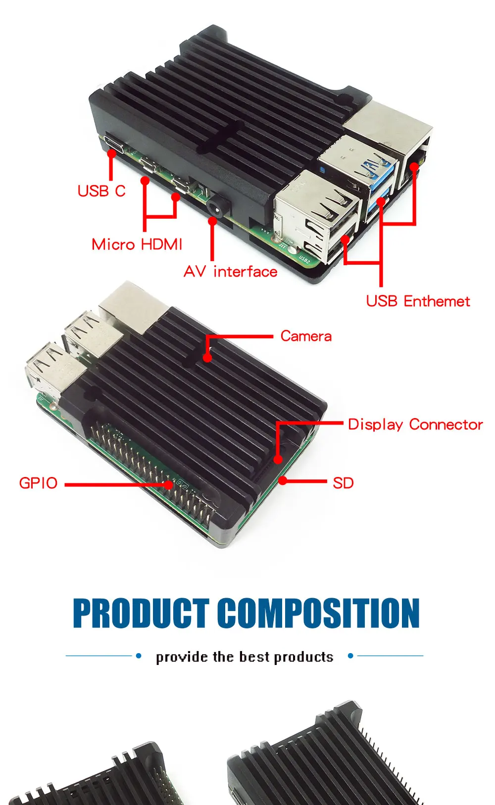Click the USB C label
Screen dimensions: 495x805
pos(101,191)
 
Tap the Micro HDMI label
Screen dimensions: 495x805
pos(137,244)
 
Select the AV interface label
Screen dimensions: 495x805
pos(230,272)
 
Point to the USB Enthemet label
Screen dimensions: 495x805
pos(418,301)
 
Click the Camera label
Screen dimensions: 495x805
pos(306,336)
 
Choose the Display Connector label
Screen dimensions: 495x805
pos(415,425)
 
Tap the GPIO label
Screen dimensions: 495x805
pos(38,483)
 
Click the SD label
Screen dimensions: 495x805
pos(343,483)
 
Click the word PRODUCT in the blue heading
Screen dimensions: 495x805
pos(141,614)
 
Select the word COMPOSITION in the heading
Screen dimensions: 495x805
pos(319,614)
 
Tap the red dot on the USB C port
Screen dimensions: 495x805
pos(112,154)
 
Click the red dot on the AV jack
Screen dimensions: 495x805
pos(212,222)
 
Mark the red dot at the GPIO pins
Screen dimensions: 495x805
pos(169,485)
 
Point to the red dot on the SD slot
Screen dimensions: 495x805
pos(283,480)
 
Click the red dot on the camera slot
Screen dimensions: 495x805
pos(207,357)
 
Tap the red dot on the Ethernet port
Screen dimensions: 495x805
pos(414,167)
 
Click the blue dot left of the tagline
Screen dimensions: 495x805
pos(139,656)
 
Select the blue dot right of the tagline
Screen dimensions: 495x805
pos(350,656)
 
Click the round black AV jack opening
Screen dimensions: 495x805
pos(217,208)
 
